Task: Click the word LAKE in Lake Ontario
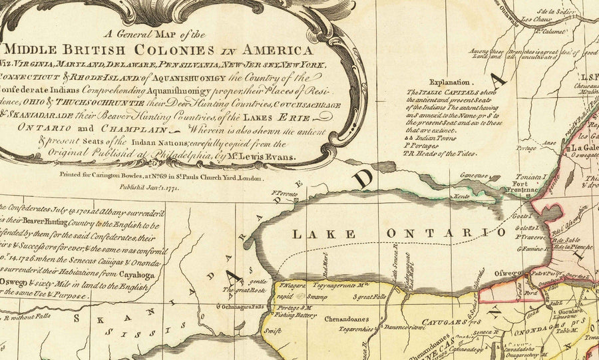[x=315, y=233]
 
